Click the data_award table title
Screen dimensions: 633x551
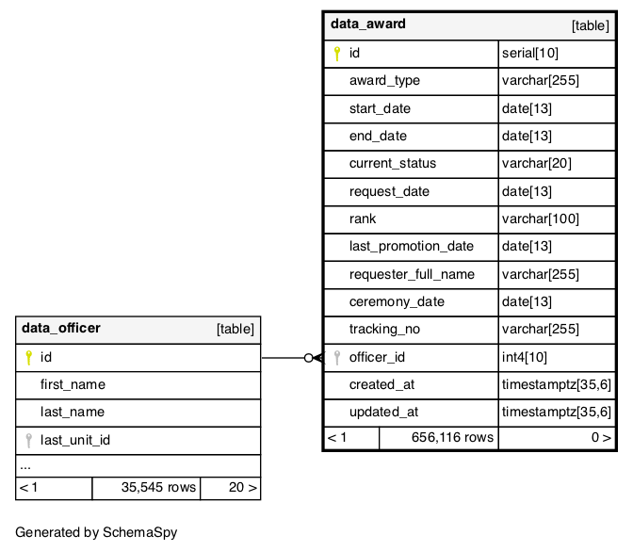point(367,24)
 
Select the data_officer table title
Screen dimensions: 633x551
point(61,328)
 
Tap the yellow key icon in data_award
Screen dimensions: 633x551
point(336,54)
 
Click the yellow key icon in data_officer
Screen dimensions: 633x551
point(28,358)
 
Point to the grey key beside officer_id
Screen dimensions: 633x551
point(336,358)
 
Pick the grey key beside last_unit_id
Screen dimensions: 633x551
point(28,441)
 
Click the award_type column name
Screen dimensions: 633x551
point(384,81)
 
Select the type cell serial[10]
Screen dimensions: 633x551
point(530,53)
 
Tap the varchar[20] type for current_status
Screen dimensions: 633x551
point(537,163)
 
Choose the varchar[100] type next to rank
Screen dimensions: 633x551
point(540,219)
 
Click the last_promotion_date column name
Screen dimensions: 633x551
point(412,246)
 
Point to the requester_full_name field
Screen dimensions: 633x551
point(412,274)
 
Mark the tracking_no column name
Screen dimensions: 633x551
point(384,330)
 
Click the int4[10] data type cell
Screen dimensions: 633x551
point(525,357)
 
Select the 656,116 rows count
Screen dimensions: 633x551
point(452,437)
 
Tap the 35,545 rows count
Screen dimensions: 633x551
point(158,487)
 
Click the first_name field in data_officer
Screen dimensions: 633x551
point(73,384)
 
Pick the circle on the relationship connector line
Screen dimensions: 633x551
point(308,358)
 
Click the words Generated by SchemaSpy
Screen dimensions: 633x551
point(96,532)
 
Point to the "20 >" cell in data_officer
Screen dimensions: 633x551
point(243,487)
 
